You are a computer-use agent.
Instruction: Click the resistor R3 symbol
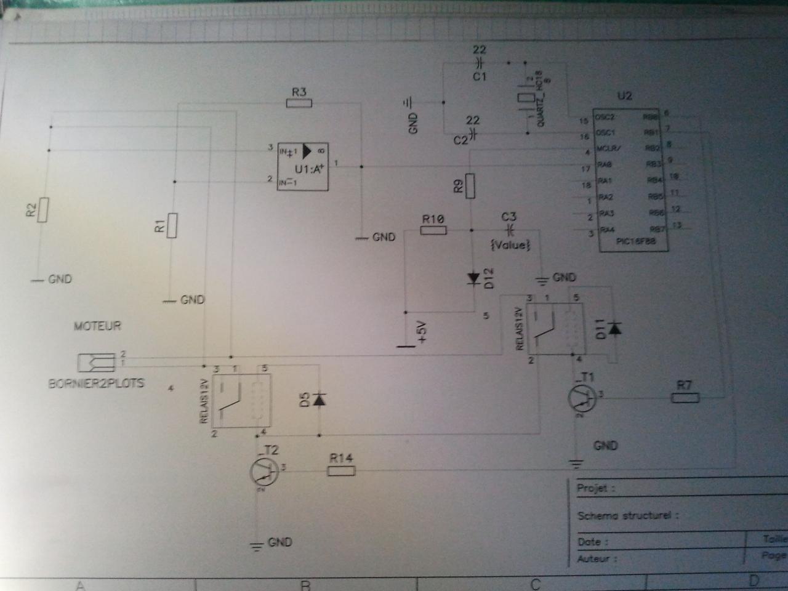(x=299, y=103)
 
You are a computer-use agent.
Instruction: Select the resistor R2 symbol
(x=43, y=210)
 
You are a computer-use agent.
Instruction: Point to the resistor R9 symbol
(x=471, y=186)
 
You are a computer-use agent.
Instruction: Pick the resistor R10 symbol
(x=433, y=230)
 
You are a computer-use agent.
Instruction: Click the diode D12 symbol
(x=473, y=278)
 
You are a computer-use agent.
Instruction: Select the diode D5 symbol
(x=319, y=400)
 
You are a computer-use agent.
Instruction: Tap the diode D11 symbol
(x=614, y=329)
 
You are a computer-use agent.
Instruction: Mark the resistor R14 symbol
(x=341, y=471)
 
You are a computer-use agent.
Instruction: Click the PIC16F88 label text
(x=635, y=241)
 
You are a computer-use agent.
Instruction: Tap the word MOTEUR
(x=97, y=326)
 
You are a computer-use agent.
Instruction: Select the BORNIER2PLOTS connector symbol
(x=97, y=363)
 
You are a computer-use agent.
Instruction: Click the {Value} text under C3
(x=510, y=245)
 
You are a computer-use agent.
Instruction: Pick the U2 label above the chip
(x=624, y=96)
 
